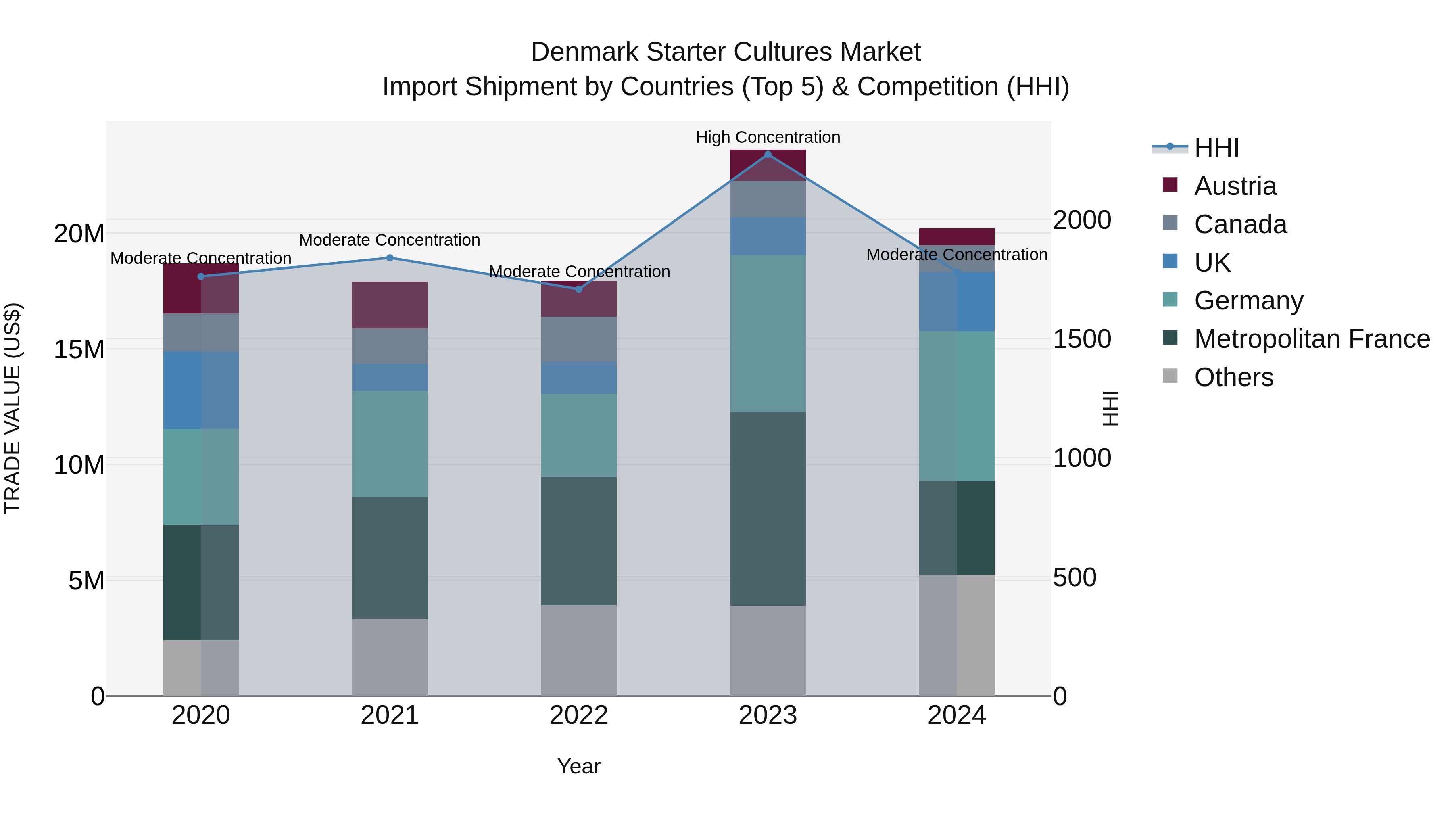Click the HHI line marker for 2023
tap(768, 155)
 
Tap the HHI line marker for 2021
tap(390, 258)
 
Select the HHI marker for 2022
tap(578, 289)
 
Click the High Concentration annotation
tap(768, 137)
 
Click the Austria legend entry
tap(1235, 186)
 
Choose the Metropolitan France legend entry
tap(1312, 339)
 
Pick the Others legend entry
tap(1233, 377)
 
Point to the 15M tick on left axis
tap(79, 349)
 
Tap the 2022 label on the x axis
tap(578, 715)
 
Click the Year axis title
tap(578, 766)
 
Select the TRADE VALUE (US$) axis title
tap(13, 408)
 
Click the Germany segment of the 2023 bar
tap(768, 333)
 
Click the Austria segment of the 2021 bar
tap(390, 305)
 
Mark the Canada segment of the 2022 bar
tap(578, 339)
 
